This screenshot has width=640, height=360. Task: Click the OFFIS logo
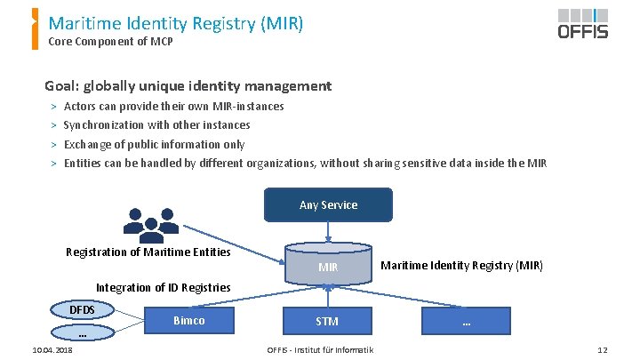coord(583,23)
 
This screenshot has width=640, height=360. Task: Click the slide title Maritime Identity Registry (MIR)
coord(176,22)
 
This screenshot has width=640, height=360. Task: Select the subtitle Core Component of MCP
coord(110,42)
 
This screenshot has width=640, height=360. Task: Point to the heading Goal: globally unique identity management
coord(188,86)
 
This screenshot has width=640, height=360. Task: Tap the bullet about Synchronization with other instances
coord(156,125)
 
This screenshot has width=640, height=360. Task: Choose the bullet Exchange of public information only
coord(154,144)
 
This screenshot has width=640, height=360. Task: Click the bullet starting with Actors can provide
coord(173,107)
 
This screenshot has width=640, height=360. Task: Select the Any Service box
coord(328,204)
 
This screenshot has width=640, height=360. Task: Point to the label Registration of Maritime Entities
coord(148,252)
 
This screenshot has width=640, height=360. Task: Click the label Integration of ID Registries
coord(163,287)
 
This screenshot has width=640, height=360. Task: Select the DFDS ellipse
coord(82,309)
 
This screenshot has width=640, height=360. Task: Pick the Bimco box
coord(189,320)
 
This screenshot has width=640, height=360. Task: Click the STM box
coord(327,320)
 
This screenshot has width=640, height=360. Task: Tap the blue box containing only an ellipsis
coord(466,320)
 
